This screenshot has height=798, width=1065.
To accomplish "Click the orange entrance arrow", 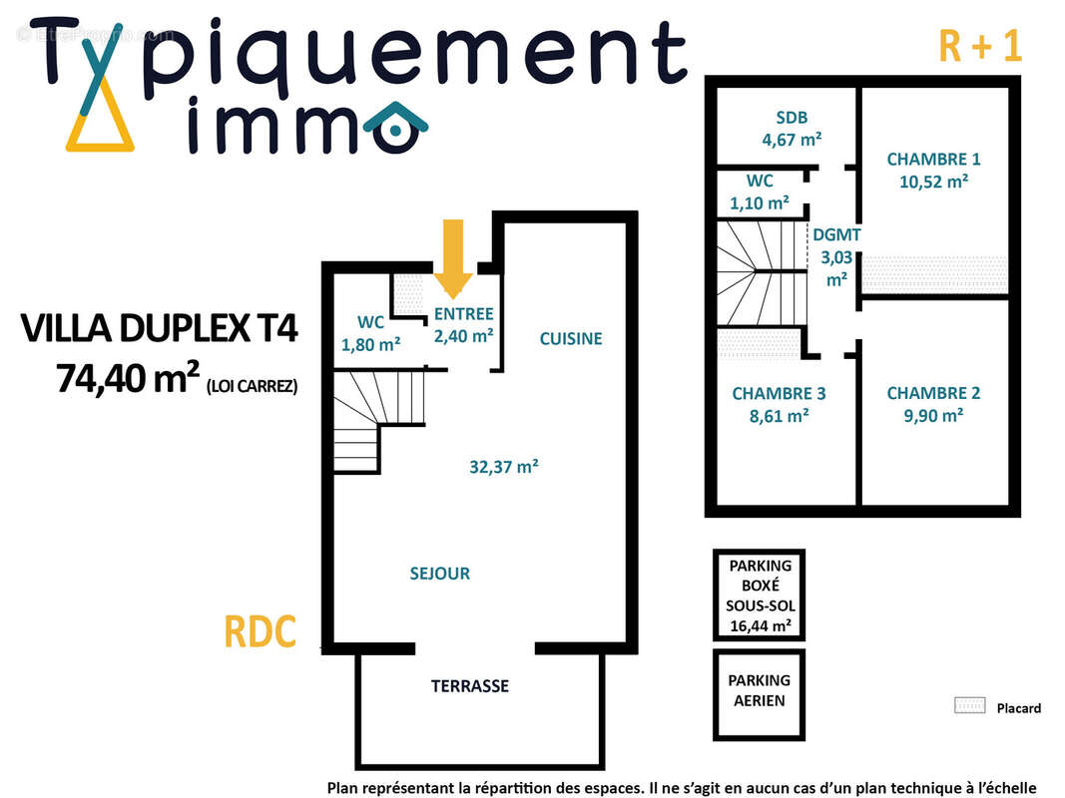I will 454,257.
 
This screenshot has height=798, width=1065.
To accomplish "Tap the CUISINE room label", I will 571,339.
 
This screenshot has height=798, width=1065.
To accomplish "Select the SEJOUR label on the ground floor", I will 439,574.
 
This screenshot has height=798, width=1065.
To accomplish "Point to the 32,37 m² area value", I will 504,466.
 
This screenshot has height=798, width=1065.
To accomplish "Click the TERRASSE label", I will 470,686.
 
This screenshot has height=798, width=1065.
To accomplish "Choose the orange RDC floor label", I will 260,632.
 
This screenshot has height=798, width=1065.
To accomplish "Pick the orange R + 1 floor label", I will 980,46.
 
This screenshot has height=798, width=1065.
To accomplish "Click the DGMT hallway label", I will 836,235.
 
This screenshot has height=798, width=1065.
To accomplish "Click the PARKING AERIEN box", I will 759,690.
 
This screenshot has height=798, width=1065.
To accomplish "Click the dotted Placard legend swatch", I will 969,706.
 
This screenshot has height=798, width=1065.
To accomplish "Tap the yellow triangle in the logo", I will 100,128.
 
